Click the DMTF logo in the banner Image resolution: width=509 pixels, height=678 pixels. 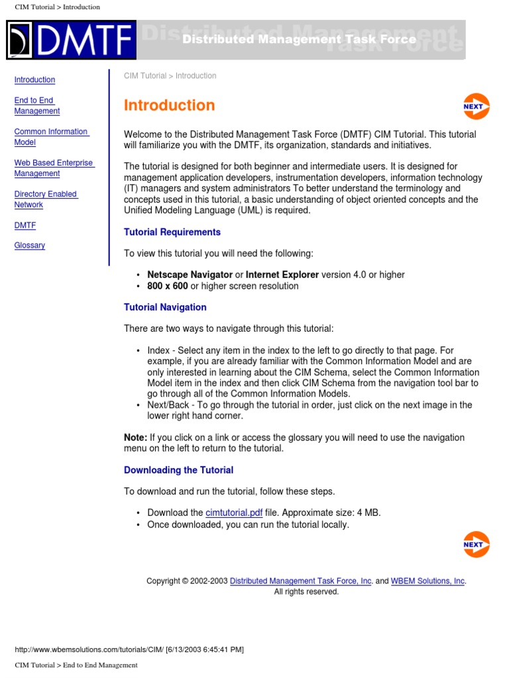71,40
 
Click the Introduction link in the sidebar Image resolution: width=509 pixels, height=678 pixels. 34,80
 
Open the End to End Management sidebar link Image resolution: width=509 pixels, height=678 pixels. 37,106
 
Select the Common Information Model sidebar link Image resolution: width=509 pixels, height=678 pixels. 51,137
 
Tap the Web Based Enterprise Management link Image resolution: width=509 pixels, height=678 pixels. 54,168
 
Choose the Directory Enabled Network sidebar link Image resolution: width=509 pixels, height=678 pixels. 46,199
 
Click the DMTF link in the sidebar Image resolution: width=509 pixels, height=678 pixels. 25,226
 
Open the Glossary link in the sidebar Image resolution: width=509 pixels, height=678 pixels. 30,246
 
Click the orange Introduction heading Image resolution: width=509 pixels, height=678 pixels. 169,105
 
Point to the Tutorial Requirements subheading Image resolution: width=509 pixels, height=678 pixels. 172,232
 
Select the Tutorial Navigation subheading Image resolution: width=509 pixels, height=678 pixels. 165,307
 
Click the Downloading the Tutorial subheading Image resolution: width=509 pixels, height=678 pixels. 178,470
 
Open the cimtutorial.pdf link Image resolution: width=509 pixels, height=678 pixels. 234,512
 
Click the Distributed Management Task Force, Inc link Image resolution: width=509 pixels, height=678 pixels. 300,581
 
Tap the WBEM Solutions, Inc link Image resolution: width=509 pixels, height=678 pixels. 427,581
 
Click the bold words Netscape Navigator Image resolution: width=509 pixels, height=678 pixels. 190,275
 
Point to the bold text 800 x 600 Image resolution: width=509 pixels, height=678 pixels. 168,287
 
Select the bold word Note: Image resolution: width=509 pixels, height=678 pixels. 135,438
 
